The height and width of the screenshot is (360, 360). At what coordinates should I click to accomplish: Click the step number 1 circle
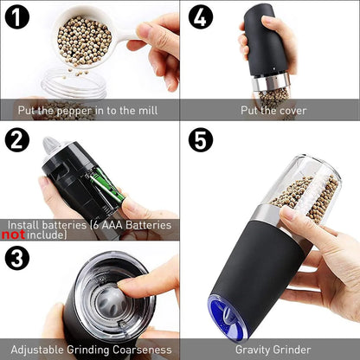click(19, 19)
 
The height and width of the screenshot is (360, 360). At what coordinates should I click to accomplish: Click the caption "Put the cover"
click(274, 110)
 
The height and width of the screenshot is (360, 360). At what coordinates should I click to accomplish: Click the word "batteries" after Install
click(68, 224)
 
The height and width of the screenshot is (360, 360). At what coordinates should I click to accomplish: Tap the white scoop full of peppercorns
click(85, 35)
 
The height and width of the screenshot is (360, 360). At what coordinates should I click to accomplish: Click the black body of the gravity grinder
click(242, 260)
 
